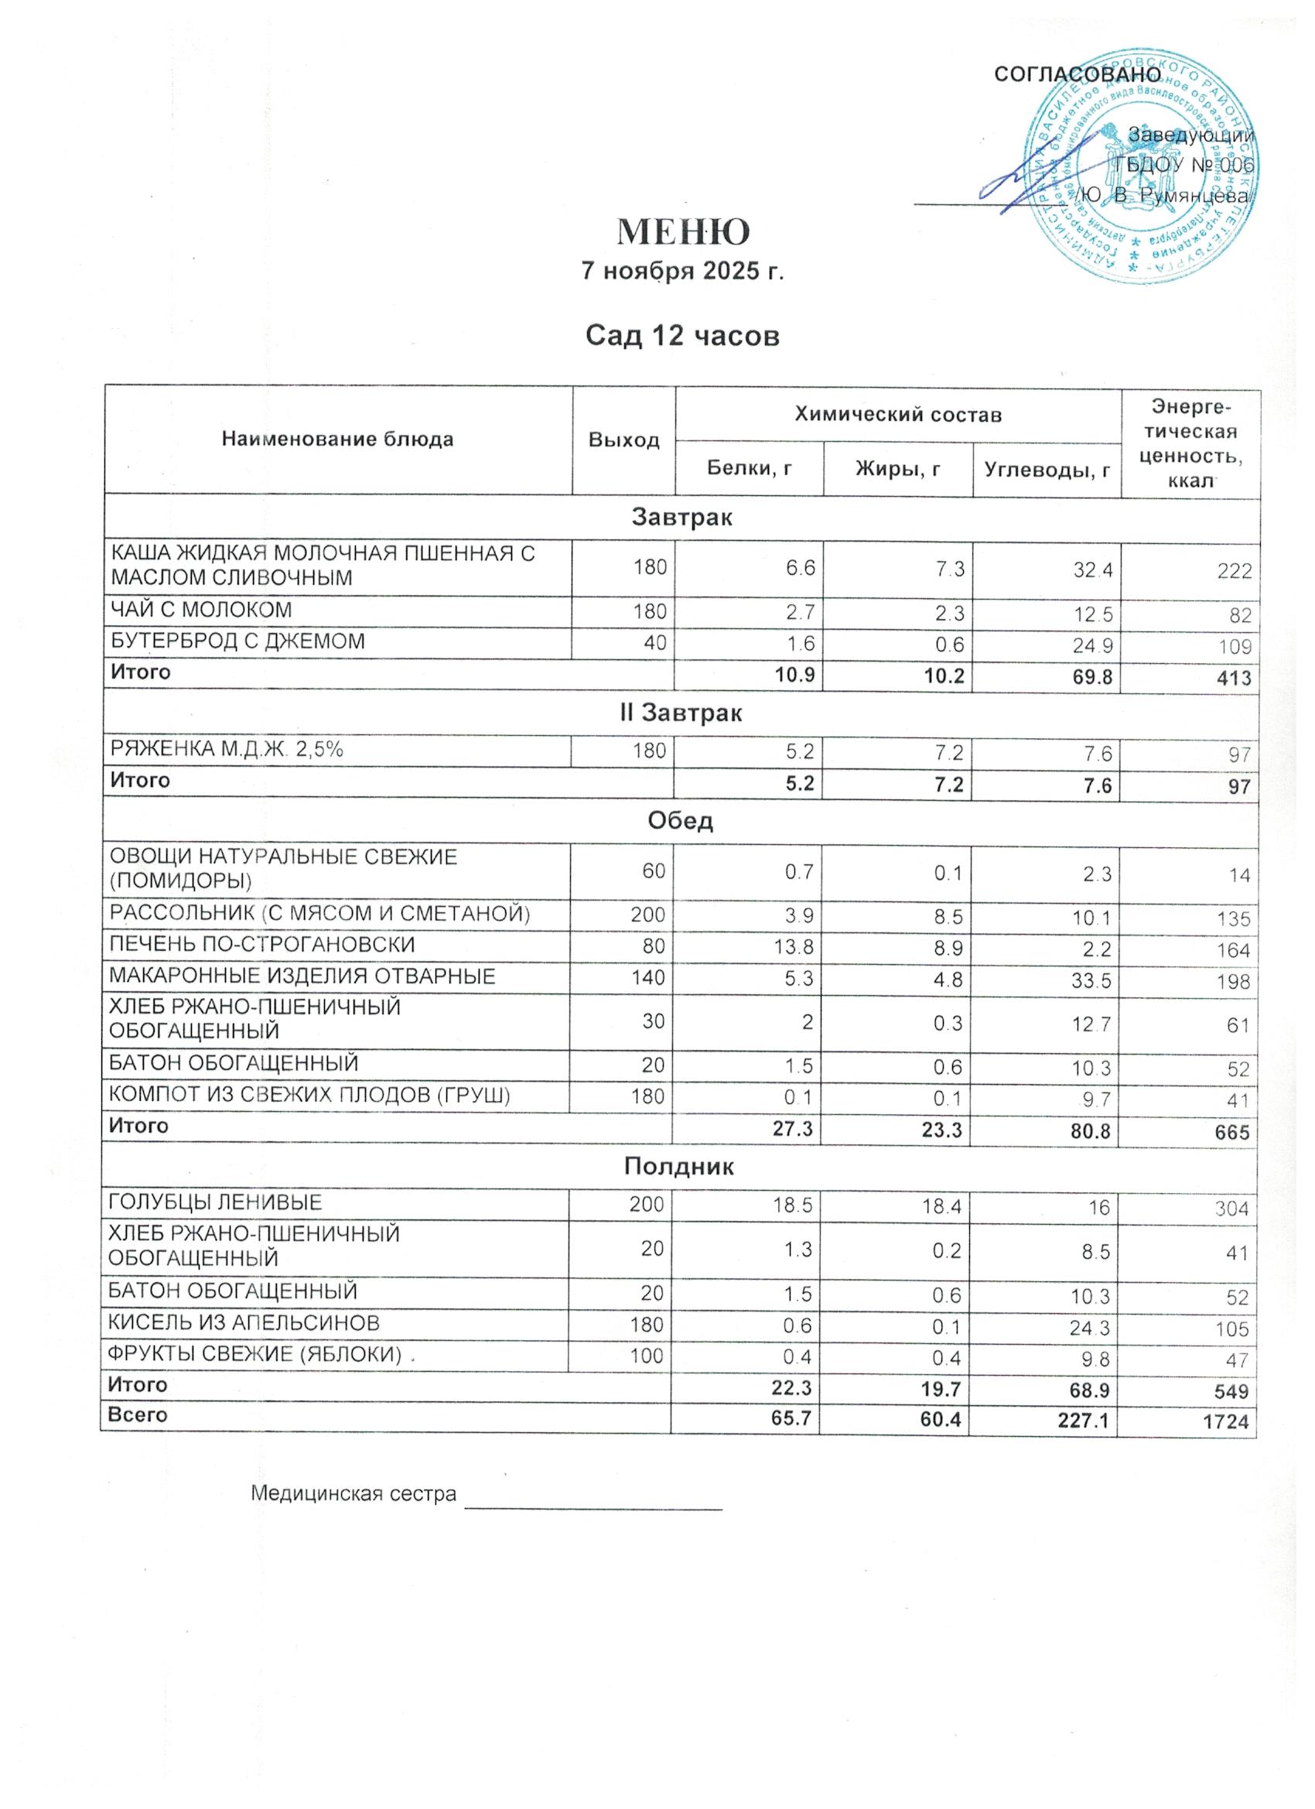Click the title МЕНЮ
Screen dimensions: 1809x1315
[x=684, y=231]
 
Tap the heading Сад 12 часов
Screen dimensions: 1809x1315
[x=682, y=336]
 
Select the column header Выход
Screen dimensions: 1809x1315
[x=623, y=440]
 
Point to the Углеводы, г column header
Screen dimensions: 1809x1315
[x=1047, y=470]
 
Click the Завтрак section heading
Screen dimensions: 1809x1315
[x=682, y=518]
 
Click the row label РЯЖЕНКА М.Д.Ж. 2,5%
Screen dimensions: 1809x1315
[x=227, y=749]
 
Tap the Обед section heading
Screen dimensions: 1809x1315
[x=682, y=821]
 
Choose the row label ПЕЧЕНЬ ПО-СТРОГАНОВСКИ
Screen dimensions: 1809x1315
[x=262, y=946]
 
